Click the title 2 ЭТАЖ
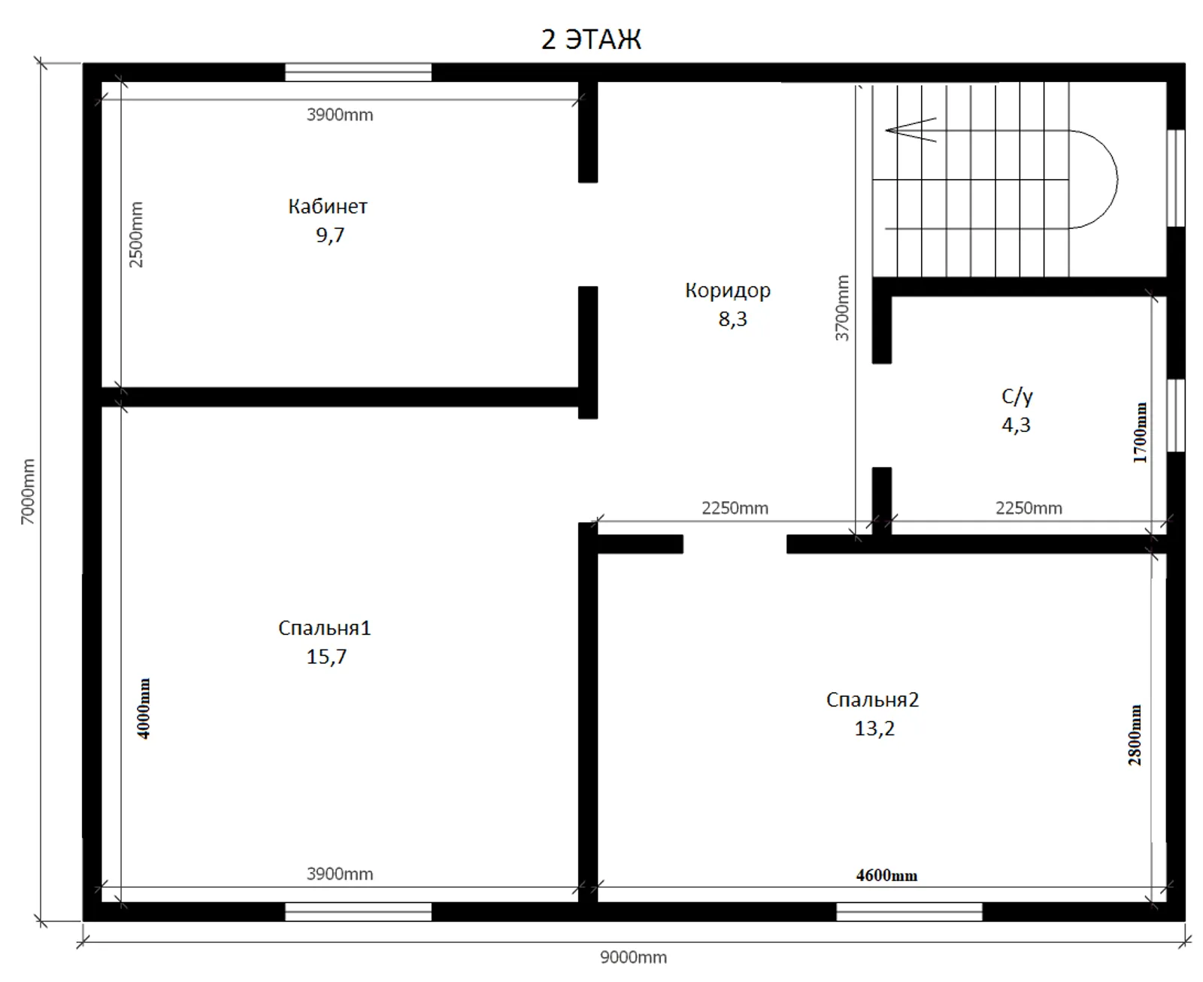(x=591, y=39)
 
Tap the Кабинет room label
(x=327, y=206)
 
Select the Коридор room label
(x=727, y=291)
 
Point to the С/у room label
(x=1017, y=397)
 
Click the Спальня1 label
(x=325, y=628)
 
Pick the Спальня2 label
(x=872, y=700)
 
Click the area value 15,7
(x=326, y=657)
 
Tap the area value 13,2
(x=874, y=729)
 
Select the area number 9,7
(x=330, y=236)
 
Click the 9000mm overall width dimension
(x=633, y=957)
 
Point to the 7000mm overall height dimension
(x=27, y=491)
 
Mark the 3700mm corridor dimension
(x=842, y=309)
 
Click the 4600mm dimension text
(x=886, y=876)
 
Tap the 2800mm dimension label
(x=1135, y=735)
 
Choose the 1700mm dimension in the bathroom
(x=1139, y=433)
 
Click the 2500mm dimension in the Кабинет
(x=136, y=235)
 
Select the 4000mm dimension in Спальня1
(x=144, y=709)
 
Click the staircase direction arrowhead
(x=887, y=130)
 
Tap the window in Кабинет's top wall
(x=358, y=72)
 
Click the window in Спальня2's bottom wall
(x=909, y=912)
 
